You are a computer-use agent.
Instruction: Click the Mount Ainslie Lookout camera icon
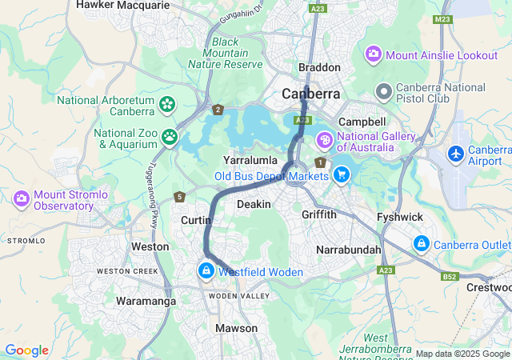point(373,55)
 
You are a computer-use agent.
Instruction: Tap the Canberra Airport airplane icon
point(456,153)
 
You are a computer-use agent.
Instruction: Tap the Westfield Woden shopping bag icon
point(207,272)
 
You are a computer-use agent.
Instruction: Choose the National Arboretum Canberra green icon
point(167,104)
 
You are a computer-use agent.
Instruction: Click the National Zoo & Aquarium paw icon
point(170,138)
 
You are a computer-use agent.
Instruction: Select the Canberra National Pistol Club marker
point(384,92)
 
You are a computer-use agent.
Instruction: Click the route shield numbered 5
point(180,197)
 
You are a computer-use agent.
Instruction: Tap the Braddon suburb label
point(319,68)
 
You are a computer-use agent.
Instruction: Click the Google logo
point(26,350)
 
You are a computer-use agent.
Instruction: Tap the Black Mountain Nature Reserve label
point(225,53)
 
